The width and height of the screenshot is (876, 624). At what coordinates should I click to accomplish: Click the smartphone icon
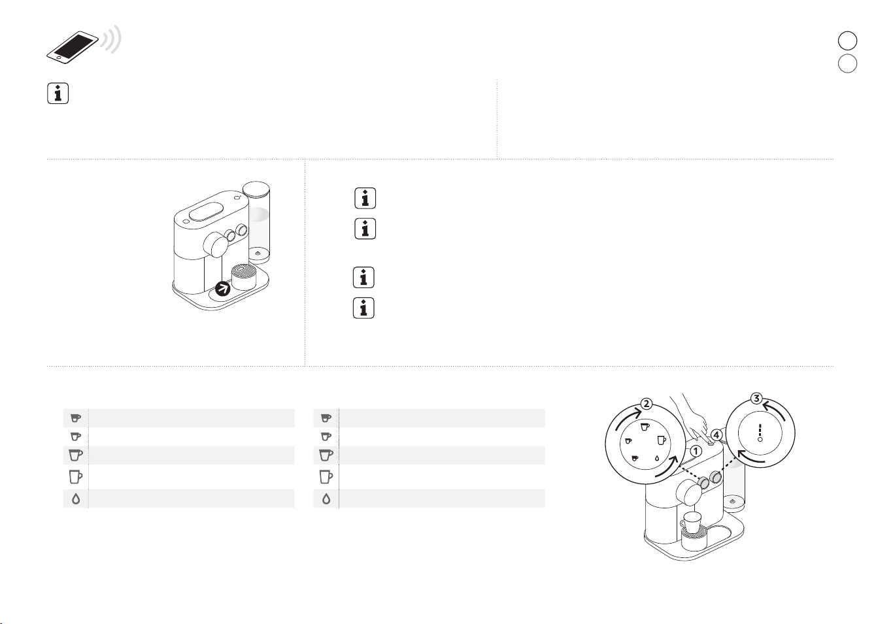click(x=73, y=47)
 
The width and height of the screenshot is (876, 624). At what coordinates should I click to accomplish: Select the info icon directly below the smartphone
click(x=58, y=93)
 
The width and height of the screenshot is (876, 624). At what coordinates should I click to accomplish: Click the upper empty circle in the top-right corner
click(x=847, y=41)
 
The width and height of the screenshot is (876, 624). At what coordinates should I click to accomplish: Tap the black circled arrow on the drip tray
click(x=223, y=289)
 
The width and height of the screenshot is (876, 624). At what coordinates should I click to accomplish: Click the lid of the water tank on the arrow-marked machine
click(x=256, y=187)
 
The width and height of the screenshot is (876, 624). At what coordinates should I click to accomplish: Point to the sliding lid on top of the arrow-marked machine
click(x=206, y=212)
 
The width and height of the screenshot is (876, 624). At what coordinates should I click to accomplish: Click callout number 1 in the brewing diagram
click(x=696, y=452)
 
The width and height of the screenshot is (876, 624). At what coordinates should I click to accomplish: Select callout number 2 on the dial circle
click(x=647, y=404)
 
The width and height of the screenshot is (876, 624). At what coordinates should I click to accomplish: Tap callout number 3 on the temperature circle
click(x=756, y=399)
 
